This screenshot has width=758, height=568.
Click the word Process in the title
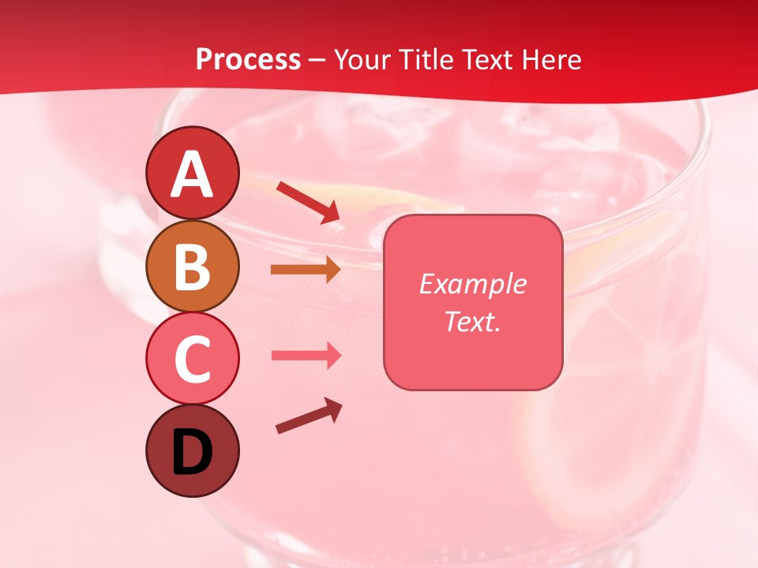pos(248,60)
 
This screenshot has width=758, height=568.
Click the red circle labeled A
pos(192,173)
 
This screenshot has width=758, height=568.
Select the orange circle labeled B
pos(192,266)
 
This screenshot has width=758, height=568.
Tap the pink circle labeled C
pos(192,358)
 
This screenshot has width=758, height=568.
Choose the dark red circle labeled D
pos(192,450)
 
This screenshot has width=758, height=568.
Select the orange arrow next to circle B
pos(306,270)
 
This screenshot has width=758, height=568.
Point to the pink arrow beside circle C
pos(306,356)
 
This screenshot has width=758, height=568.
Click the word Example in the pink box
pos(472,284)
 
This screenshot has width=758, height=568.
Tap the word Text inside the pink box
pos(468,321)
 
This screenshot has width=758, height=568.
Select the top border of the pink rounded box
pos(472,215)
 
